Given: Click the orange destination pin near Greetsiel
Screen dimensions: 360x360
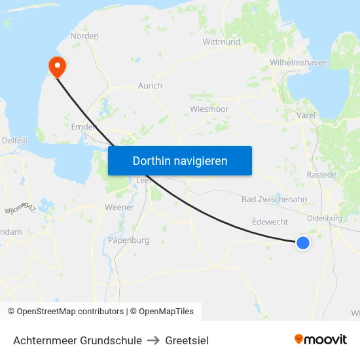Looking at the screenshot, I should coord(57,65).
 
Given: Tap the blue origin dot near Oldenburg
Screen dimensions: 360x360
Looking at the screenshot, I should coord(302,243).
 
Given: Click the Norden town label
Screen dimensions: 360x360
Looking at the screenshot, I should coord(84,36).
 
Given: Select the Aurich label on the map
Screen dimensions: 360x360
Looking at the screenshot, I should coord(150,86).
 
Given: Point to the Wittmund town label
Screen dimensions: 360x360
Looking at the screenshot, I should coord(221,42).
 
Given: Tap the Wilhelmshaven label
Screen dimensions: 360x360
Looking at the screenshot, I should coord(298,63).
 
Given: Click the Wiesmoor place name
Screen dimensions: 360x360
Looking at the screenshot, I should coord(208,109).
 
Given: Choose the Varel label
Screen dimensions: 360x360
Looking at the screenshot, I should coord(306,115).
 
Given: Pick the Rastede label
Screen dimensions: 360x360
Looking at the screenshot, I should coord(321,175).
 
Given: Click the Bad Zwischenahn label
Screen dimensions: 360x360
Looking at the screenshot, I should coord(274,199).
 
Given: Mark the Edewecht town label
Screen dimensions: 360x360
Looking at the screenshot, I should coord(270,222).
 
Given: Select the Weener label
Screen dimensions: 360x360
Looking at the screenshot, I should coord(119,207).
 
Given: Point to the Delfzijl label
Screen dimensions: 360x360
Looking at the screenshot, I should coord(14,140).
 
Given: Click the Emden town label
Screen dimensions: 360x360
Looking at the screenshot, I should coord(84,127).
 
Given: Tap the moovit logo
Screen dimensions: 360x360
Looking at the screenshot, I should coord(321,340).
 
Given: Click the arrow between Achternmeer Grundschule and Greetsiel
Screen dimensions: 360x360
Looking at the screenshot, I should coord(154,340).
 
